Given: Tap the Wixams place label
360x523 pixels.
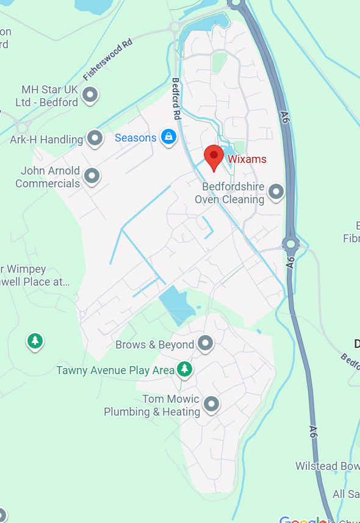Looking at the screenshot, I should [247, 159].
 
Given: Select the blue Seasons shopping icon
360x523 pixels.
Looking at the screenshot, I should [168, 137].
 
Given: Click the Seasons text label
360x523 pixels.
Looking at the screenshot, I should [135, 138].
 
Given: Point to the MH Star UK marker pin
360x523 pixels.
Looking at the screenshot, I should [90, 95].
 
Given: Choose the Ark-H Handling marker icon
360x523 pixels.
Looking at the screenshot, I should [95, 139].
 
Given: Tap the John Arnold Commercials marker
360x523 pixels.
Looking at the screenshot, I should [92, 176].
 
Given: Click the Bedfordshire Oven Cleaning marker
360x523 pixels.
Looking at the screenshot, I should [276, 192].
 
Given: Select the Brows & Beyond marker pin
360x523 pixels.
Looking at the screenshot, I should [206, 344].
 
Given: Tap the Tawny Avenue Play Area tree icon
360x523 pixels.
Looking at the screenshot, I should [184, 369].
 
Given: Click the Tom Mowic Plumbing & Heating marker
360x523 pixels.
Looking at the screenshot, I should [211, 404].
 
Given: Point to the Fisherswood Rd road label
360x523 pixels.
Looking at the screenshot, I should [108, 62].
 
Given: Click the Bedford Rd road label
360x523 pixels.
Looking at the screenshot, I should [176, 98].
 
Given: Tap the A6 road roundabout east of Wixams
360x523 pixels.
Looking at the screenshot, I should [290, 245].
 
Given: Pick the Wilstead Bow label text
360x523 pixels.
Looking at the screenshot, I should [327, 466].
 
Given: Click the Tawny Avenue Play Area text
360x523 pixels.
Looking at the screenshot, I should [115, 370].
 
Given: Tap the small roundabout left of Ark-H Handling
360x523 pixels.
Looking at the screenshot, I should [23, 128].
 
